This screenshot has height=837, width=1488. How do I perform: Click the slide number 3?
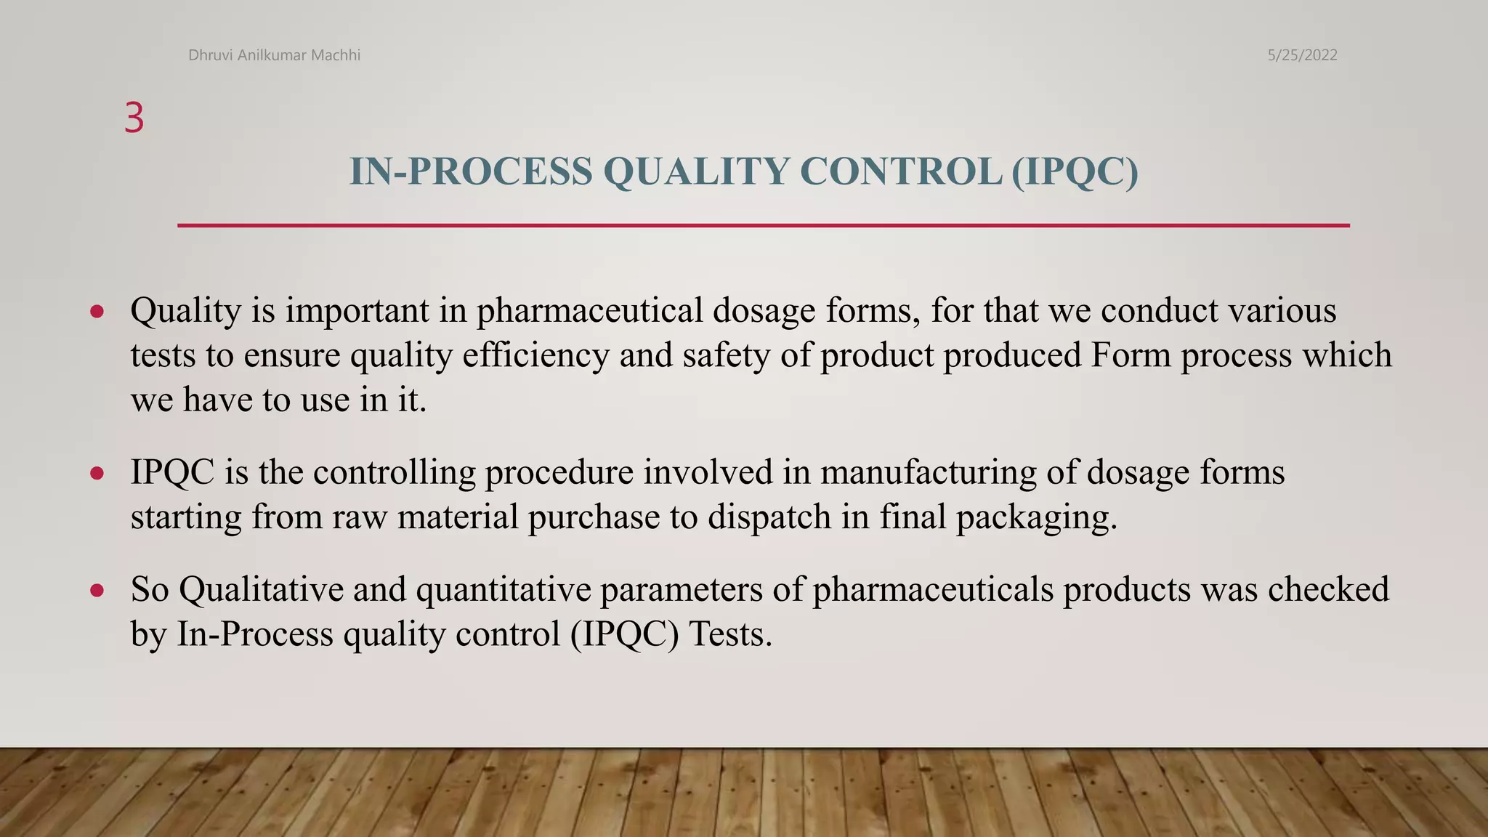[x=134, y=118]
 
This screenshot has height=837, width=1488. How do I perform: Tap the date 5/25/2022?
[x=1302, y=55]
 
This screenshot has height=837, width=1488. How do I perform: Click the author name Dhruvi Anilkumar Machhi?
[x=274, y=55]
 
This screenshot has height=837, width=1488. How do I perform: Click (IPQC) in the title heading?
[x=1075, y=171]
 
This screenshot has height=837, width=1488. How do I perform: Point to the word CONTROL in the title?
[x=901, y=171]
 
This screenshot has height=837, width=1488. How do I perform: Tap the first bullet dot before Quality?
[x=97, y=312]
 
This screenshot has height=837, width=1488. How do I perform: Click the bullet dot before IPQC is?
[x=97, y=474]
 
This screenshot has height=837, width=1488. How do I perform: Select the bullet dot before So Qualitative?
[x=97, y=590]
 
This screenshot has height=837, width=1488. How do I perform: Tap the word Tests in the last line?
[x=729, y=634]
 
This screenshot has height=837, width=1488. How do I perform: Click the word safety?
[x=727, y=356]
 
